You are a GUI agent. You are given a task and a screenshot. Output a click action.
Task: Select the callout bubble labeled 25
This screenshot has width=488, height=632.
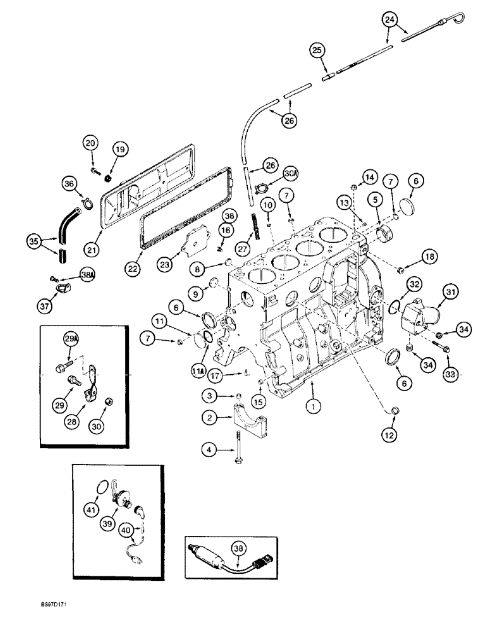point(317,50)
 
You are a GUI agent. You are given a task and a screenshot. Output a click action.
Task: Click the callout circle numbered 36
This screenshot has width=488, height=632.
point(69,183)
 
